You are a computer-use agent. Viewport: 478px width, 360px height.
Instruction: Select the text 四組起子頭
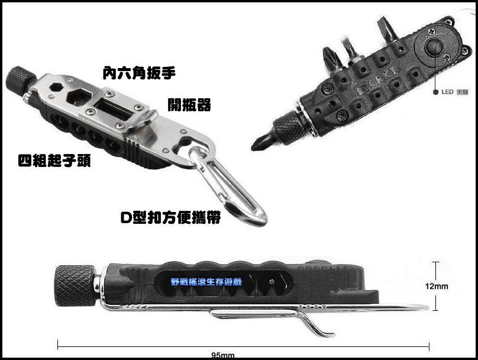[55, 160]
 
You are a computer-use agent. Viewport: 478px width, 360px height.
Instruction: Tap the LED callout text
[455, 92]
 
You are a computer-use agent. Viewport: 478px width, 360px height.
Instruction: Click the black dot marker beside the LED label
[435, 92]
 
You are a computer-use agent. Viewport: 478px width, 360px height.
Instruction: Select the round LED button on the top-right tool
[434, 47]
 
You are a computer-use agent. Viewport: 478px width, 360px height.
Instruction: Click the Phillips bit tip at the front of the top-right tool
[259, 144]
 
